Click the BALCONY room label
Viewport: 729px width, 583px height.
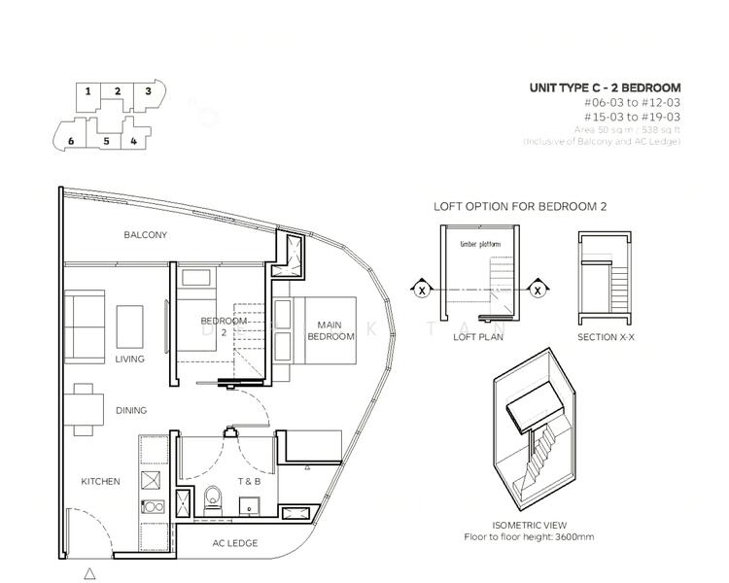(146, 235)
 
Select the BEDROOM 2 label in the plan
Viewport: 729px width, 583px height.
(222, 326)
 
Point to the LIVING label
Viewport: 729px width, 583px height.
(128, 360)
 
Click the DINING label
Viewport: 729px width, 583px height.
(131, 411)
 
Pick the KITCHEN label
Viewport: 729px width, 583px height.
(101, 482)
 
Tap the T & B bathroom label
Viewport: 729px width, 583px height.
(249, 482)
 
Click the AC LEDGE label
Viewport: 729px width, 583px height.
(235, 543)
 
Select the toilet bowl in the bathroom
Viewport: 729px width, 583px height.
(215, 499)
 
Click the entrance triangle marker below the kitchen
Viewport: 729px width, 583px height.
(90, 572)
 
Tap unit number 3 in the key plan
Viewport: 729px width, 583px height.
(148, 91)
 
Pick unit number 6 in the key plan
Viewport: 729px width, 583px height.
(71, 141)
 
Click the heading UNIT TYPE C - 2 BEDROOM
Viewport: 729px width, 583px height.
(605, 88)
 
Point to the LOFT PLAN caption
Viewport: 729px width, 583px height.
(476, 337)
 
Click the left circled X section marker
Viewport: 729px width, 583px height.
(422, 289)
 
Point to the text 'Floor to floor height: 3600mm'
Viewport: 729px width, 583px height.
(530, 536)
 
